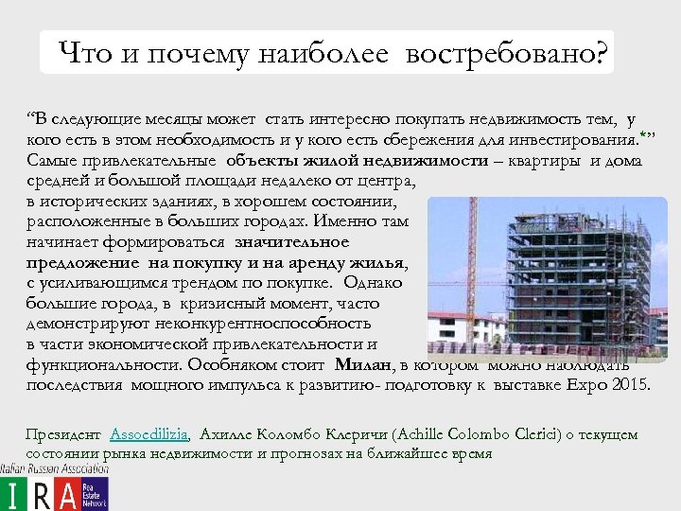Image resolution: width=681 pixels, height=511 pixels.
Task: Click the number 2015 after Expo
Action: [628, 385]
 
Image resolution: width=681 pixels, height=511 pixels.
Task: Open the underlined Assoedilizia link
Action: [149, 435]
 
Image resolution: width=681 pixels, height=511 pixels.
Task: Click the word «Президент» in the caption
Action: [62, 435]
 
